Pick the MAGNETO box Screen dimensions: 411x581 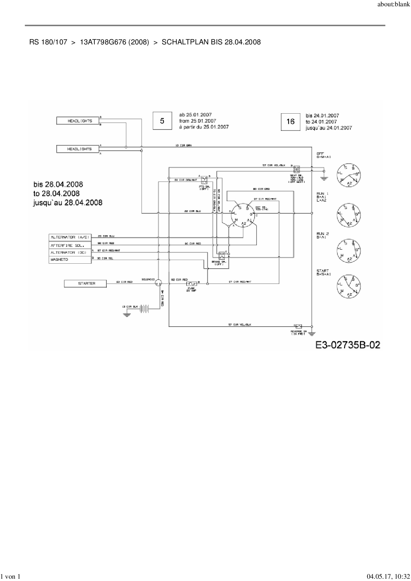pyautogui.click(x=70, y=260)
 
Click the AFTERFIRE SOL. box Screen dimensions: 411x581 pyautogui.click(x=70, y=245)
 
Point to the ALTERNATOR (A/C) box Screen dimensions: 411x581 pyautogui.click(x=70, y=237)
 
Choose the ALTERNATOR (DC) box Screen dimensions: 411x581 pyautogui.click(x=70, y=252)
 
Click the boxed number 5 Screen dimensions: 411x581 pyautogui.click(x=162, y=121)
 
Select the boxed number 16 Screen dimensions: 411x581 pyautogui.click(x=290, y=122)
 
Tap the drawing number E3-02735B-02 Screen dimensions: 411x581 pyautogui.click(x=347, y=345)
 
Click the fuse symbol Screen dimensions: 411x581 pyautogui.click(x=192, y=284)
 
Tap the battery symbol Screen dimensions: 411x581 pyautogui.click(x=145, y=308)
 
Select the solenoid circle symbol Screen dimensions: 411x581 pyautogui.click(x=158, y=283)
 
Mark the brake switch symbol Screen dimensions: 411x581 pyautogui.click(x=221, y=255)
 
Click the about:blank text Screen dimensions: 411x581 pyautogui.click(x=393, y=5)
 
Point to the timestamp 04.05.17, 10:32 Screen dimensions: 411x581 pyautogui.click(x=386, y=577)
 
